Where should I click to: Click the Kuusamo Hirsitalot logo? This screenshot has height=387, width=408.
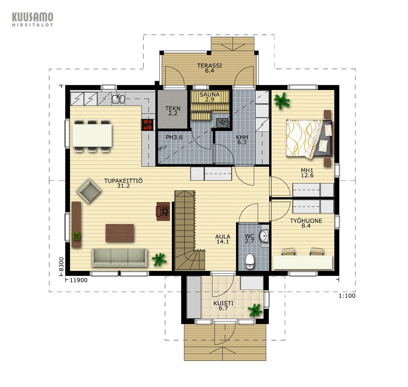pos(33,19)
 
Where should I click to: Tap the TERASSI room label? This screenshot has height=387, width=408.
pos(209,66)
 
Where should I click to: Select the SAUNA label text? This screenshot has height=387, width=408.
pos(209,95)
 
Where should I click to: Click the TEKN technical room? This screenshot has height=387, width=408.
pos(173,109)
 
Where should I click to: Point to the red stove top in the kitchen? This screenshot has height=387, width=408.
pos(147,124)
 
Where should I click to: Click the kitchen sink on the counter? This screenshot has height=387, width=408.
pos(118,99)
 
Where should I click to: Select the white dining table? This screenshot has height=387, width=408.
pos(92,135)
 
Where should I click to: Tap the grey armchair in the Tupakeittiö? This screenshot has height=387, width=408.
pos(89,191)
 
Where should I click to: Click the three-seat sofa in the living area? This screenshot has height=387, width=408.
pos(120,257)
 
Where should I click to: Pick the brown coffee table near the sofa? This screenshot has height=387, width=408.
pos(120,233)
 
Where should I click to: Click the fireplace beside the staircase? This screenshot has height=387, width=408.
pos(163,211)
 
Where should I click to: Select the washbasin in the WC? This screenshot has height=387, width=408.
pos(264,236)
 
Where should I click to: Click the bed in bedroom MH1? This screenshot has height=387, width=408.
pos(309,139)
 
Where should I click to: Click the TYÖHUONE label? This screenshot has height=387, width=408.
pos(306,221)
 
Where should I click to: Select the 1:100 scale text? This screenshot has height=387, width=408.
pos(347,296)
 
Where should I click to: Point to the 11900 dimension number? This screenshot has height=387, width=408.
pos(79,280)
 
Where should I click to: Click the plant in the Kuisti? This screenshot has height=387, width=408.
pos(255,310)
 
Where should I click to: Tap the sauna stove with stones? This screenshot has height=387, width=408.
pos(223,123)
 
